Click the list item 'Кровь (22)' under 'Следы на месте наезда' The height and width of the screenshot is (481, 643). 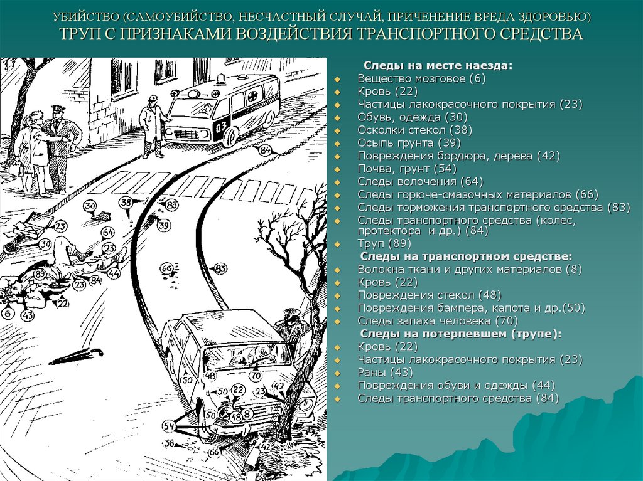pyautogui.click(x=387, y=92)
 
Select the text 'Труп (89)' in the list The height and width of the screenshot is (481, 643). pyautogui.click(x=384, y=244)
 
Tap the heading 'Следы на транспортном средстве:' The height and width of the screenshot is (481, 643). pyautogui.click(x=466, y=256)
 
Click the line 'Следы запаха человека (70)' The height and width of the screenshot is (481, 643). pyautogui.click(x=438, y=321)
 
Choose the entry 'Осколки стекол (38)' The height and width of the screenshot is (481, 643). pyautogui.click(x=414, y=130)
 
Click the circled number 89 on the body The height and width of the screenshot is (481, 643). pyautogui.click(x=40, y=274)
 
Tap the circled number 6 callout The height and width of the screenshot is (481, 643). pyautogui.click(x=8, y=314)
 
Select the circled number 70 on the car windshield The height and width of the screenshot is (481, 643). pyautogui.click(x=256, y=374)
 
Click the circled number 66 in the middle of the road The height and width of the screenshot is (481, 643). pyautogui.click(x=166, y=268)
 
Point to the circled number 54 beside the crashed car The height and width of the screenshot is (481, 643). pyautogui.click(x=168, y=426)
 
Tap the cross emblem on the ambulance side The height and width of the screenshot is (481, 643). pyautogui.click(x=251, y=97)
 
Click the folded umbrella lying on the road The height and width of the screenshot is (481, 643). pyautogui.click(x=76, y=356)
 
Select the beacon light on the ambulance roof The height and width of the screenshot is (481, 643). pyautogui.click(x=222, y=78)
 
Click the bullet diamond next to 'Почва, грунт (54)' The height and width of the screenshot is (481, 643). pyautogui.click(x=337, y=169)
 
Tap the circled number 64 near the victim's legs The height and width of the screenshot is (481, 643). pyautogui.click(x=108, y=232)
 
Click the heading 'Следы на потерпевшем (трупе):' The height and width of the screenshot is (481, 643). pyautogui.click(x=460, y=334)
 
